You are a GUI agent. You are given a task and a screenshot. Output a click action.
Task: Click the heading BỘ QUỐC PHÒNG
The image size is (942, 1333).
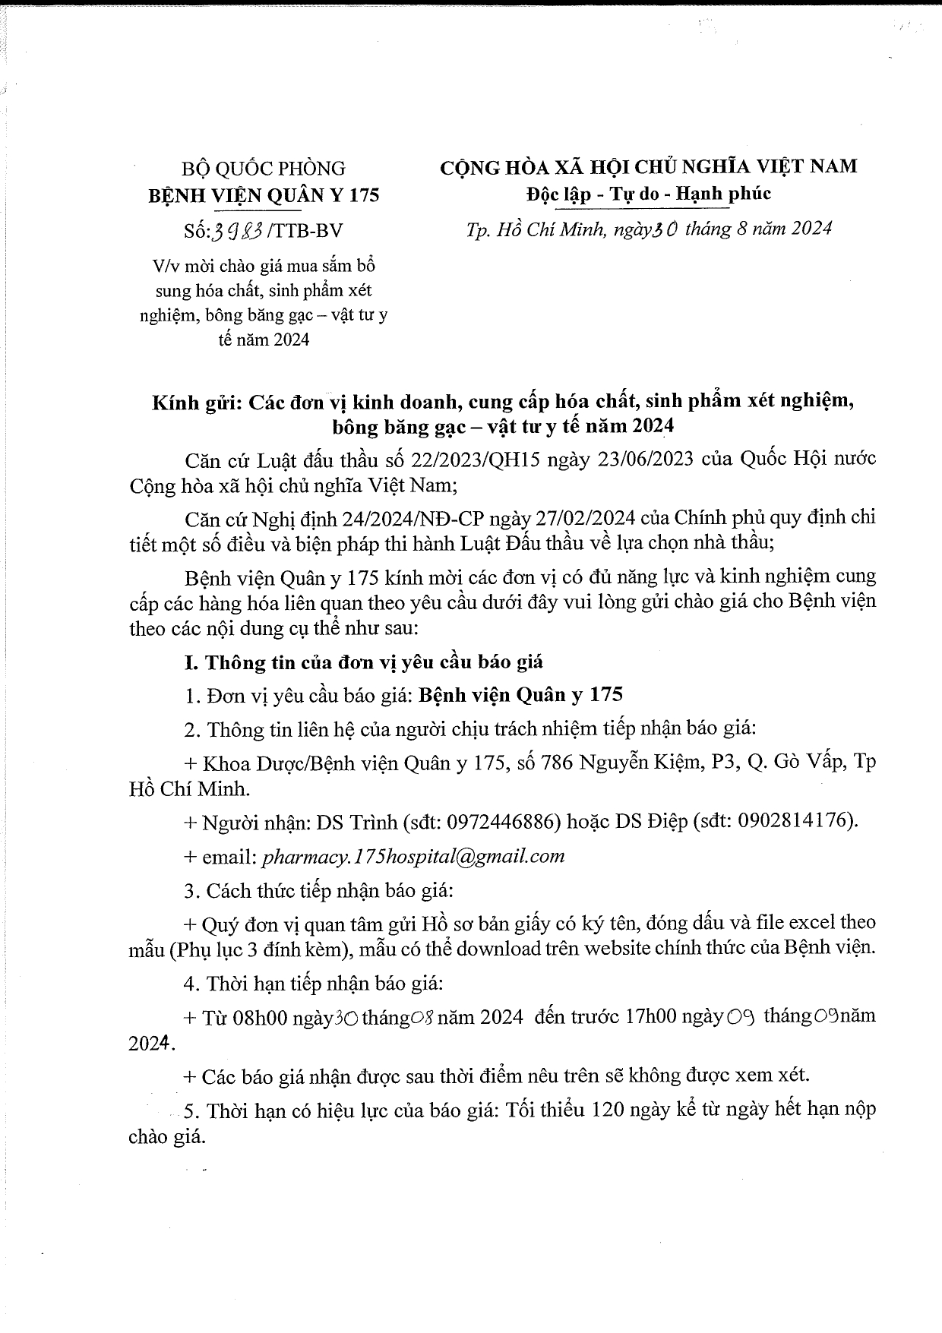(263, 168)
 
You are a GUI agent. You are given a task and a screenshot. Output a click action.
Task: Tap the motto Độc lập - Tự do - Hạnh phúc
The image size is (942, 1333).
(648, 194)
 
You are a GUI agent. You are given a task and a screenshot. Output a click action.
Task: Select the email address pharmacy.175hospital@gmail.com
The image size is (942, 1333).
(413, 856)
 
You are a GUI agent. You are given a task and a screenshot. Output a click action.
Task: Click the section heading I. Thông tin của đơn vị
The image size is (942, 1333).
(364, 662)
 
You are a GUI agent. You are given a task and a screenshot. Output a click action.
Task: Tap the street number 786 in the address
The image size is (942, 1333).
(557, 763)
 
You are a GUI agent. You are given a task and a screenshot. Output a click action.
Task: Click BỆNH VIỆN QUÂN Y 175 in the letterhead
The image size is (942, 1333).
(263, 195)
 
